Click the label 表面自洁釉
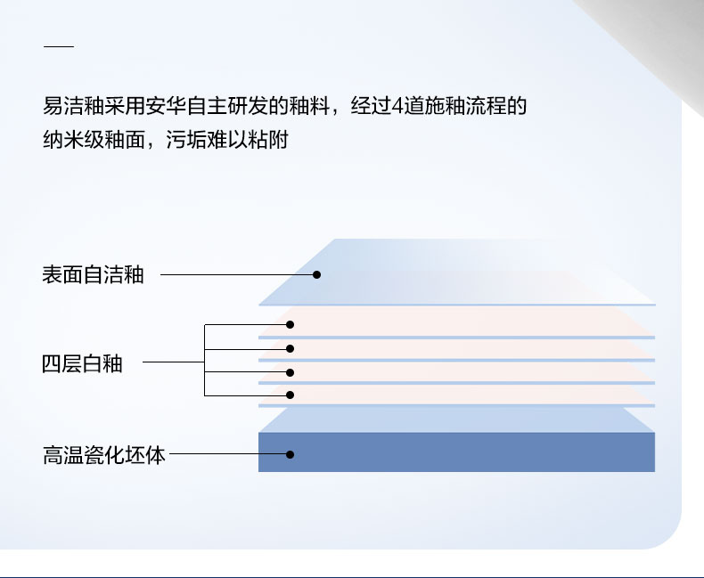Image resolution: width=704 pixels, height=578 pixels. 93,274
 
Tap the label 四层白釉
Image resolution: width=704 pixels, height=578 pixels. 82,363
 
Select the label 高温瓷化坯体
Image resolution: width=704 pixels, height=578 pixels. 104,455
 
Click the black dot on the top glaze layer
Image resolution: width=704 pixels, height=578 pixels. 316,274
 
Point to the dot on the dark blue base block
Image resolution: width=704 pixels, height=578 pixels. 290,454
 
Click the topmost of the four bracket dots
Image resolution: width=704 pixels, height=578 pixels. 290,324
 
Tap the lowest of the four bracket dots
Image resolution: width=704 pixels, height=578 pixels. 290,395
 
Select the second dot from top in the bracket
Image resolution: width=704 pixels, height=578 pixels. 290,349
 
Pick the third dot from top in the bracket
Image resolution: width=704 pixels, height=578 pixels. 290,372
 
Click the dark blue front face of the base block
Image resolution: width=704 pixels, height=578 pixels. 456,452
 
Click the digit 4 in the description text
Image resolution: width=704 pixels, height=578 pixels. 397,106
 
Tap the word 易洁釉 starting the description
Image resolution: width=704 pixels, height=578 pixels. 74,106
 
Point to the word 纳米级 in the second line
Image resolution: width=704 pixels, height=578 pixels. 74,140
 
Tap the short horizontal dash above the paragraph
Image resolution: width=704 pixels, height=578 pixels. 59,46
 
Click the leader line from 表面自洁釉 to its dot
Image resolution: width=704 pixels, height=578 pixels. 239,274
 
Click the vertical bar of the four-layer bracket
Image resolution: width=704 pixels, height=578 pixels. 204,360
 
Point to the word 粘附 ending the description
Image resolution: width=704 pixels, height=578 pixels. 267,140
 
